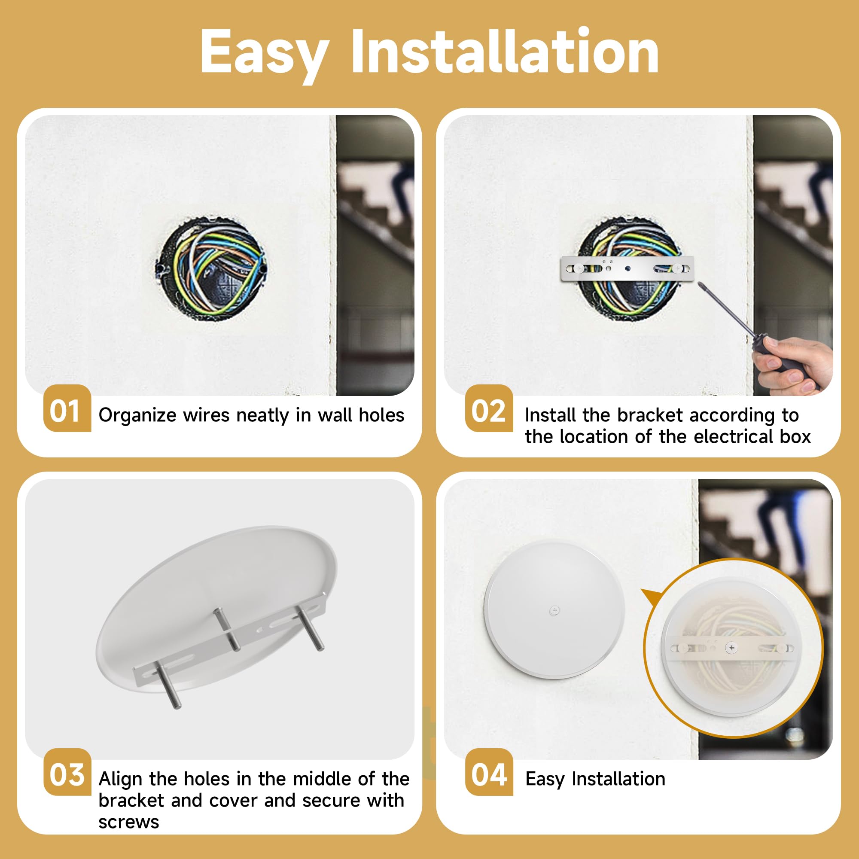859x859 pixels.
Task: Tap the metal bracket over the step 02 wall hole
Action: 627,268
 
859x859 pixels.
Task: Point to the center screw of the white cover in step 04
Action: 554,610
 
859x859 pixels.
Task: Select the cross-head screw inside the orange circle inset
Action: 731,648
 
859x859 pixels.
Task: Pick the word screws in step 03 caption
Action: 129,822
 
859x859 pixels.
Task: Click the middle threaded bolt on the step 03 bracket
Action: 227,629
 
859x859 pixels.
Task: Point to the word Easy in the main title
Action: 265,52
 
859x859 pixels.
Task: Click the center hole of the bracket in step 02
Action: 627,268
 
